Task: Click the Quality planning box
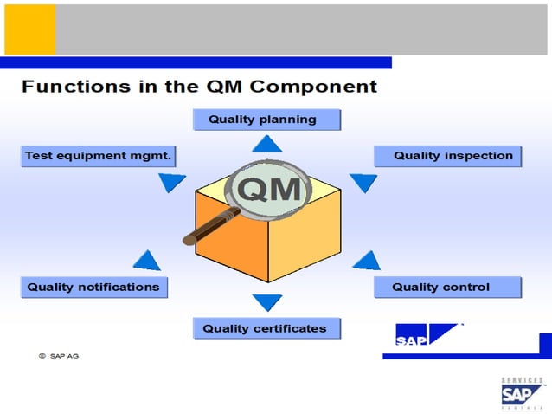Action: tap(266, 120)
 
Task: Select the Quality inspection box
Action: tap(447, 156)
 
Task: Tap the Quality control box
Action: tap(447, 287)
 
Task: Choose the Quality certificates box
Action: tap(266, 328)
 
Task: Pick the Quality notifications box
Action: tap(93, 287)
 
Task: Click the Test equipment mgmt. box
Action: tap(97, 156)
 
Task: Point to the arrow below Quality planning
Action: tap(266, 145)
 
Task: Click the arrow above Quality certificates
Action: tap(266, 302)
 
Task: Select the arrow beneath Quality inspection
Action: tap(363, 183)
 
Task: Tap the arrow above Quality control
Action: tap(367, 260)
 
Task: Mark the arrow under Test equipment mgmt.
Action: tap(172, 183)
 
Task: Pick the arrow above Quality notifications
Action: tap(147, 260)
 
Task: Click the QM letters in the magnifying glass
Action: tap(268, 189)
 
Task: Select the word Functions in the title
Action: tap(67, 87)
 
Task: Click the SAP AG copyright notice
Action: tap(58, 355)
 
